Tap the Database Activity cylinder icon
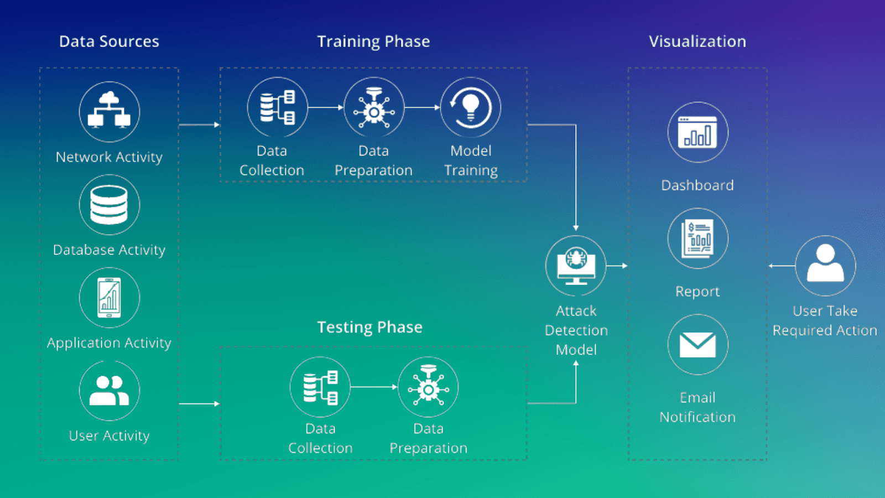[x=109, y=205]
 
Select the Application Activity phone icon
[x=109, y=298]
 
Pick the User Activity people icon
[x=109, y=391]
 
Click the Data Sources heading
[x=109, y=41]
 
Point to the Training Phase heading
[x=373, y=41]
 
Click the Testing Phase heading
[x=369, y=327]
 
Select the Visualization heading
[x=697, y=41]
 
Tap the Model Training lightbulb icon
[x=471, y=107]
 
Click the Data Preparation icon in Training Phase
[x=374, y=107]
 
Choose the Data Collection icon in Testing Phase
[x=320, y=387]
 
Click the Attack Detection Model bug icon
[x=576, y=266]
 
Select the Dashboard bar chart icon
[x=697, y=132]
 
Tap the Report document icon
[x=697, y=238]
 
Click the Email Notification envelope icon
[x=697, y=345]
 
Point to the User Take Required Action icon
[x=825, y=266]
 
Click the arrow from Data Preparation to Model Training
[x=422, y=107]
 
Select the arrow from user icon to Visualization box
[x=781, y=266]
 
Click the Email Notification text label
[x=697, y=407]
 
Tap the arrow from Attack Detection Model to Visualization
[x=617, y=266]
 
